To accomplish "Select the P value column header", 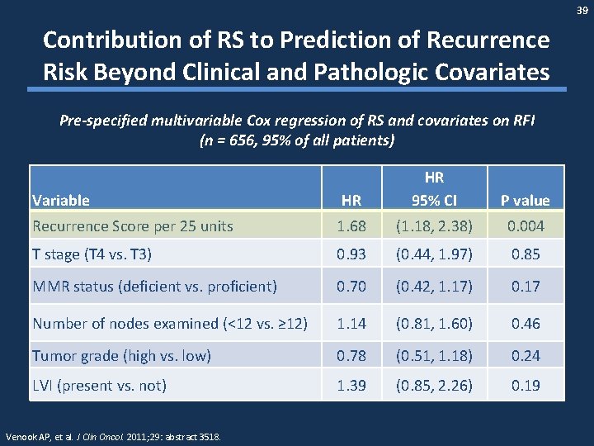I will click(x=526, y=200).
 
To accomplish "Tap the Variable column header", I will click(x=60, y=200).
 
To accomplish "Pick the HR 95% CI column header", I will click(x=434, y=188).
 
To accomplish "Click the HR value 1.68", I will click(x=351, y=225).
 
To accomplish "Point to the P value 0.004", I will click(x=526, y=225).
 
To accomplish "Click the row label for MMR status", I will click(x=153, y=287).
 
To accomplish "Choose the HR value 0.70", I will click(x=351, y=287).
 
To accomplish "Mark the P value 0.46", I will click(x=526, y=323).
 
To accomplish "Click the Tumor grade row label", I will click(x=121, y=355).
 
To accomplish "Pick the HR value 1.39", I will click(x=351, y=385).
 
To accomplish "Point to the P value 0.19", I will click(x=526, y=385).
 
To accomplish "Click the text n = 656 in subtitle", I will click(x=236, y=140).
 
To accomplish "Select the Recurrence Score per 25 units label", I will click(x=132, y=225).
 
